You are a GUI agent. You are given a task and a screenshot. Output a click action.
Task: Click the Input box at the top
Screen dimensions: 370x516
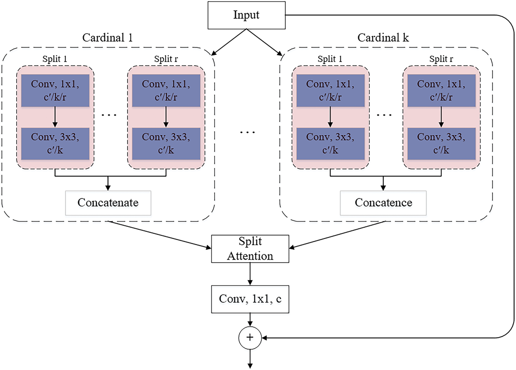coord(246,15)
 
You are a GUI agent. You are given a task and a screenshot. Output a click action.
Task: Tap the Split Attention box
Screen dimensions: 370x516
coord(250,249)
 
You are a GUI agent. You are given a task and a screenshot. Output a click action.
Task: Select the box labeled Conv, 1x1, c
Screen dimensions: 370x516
coord(250,299)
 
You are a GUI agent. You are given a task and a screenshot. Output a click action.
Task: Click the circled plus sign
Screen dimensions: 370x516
coord(250,337)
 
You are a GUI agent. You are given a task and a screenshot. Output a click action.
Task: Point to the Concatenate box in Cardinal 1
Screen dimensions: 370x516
coord(108,203)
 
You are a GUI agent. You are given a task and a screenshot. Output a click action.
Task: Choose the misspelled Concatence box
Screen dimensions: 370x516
coord(383,203)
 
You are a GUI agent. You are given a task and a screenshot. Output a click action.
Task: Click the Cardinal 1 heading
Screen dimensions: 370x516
coord(107,38)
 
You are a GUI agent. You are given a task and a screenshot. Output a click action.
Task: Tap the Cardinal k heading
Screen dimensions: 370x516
coord(383,38)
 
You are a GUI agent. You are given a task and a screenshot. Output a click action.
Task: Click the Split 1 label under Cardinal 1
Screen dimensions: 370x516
coord(55,59)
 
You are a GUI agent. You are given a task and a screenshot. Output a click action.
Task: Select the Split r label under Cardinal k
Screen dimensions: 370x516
coord(441,59)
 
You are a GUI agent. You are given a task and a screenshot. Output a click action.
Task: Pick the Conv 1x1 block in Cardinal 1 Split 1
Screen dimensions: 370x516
coord(55,90)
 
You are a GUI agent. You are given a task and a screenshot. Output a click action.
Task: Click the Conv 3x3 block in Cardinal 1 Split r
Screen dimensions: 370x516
coord(166,143)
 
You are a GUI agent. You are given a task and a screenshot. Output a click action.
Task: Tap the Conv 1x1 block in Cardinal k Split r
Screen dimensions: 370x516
coord(441,90)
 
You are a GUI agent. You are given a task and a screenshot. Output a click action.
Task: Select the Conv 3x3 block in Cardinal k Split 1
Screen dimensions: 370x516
coord(330,143)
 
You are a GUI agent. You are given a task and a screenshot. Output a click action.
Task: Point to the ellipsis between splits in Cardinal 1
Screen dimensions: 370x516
coord(109,115)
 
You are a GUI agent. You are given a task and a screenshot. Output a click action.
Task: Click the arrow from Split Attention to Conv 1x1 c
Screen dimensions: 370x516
coord(250,274)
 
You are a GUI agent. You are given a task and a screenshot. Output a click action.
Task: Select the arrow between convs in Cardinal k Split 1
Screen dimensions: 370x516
coord(330,117)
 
